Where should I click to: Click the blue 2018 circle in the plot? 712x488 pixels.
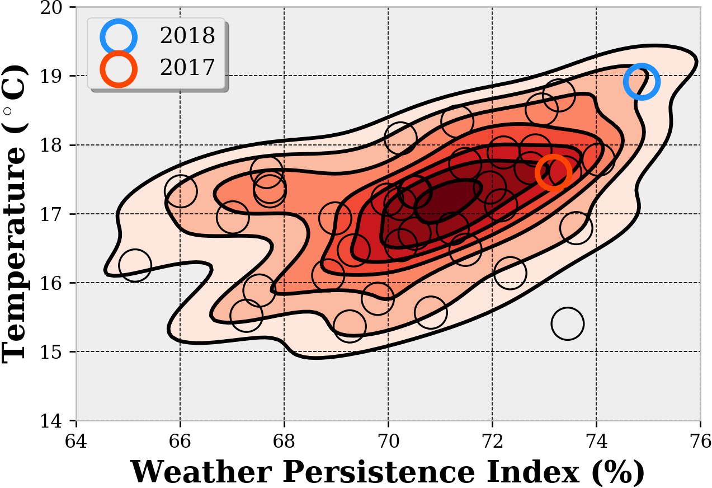point(642,82)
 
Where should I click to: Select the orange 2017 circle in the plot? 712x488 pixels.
point(553,173)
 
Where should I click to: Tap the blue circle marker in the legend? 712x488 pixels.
point(119,36)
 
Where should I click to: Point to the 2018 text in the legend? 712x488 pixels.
point(187,36)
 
